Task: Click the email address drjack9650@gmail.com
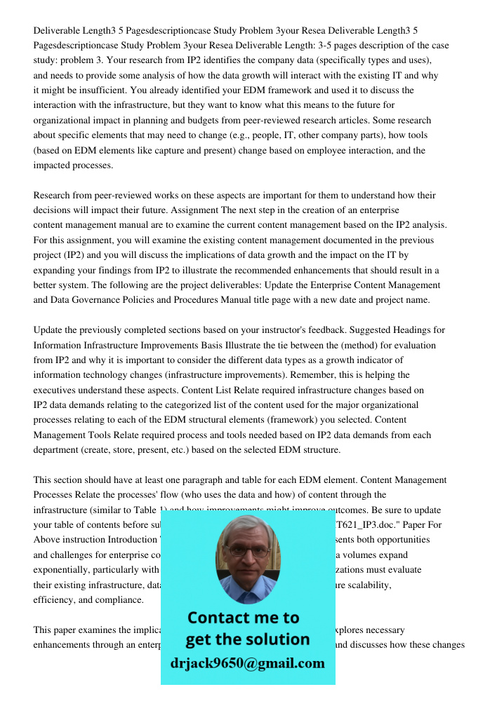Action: point(247,662)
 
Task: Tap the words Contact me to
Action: point(243,618)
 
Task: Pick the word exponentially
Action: point(65,570)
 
